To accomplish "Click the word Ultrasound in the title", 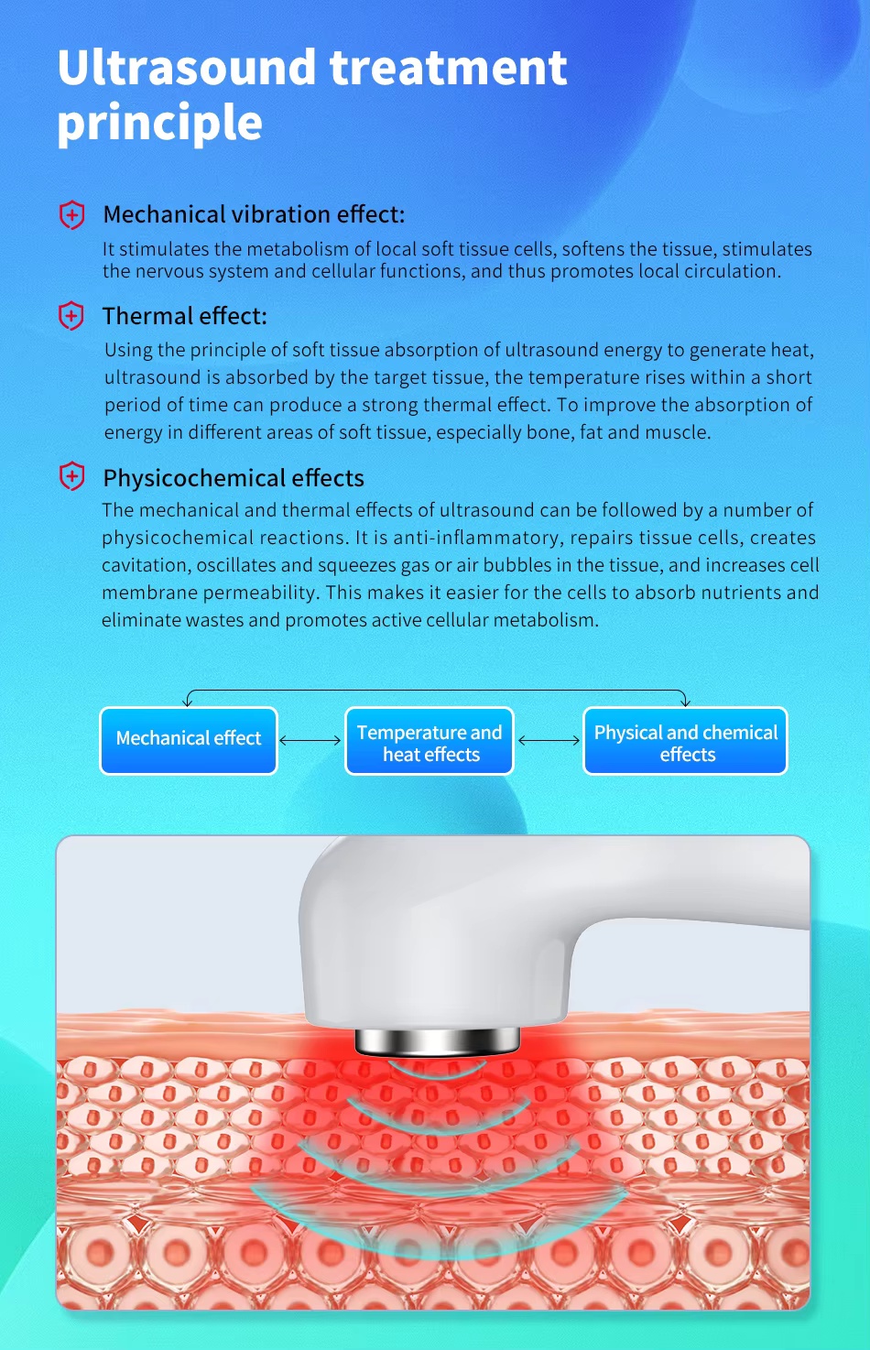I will click(187, 68).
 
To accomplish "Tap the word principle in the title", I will click(159, 123).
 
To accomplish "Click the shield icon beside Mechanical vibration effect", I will click(71, 215).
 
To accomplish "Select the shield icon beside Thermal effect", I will click(71, 316).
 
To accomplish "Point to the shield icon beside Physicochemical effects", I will click(71, 477).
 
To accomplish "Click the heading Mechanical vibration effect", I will click(254, 214).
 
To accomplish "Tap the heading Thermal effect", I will click(184, 316).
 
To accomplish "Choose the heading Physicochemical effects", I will click(234, 478).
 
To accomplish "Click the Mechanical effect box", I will click(189, 740).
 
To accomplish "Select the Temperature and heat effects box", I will click(430, 742).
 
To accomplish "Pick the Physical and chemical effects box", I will click(685, 742).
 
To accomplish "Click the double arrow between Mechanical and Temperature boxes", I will click(310, 740).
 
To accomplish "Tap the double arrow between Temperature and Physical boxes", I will click(549, 740).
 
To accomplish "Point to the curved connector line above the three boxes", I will click(436, 691).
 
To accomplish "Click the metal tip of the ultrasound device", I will click(437, 1040).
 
